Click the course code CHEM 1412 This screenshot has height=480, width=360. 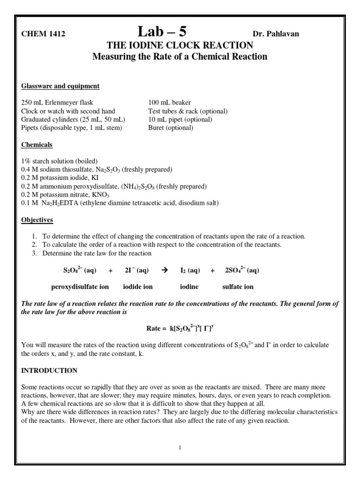pos(43,34)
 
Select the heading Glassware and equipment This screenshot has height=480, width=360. pos(60,86)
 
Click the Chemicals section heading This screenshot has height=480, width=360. pos(37,145)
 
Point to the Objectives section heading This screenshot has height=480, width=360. pos(37,220)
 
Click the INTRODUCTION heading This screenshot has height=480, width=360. pos(49,370)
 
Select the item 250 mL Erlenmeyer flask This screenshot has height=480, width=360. pos(57,103)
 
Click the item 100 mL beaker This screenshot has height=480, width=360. pos(169,103)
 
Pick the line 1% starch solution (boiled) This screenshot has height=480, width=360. pos(59,161)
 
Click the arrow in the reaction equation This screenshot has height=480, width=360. pos(164,270)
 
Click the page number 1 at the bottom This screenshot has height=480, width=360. pos(180,447)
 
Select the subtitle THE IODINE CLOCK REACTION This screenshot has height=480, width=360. pos(180,45)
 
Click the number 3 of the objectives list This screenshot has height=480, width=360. pos(34,253)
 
